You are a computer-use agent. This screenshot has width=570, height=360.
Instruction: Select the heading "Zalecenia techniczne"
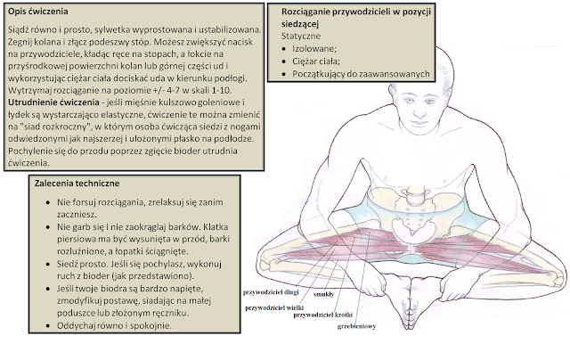tap(73, 182)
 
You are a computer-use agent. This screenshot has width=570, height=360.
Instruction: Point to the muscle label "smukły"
tap(323, 293)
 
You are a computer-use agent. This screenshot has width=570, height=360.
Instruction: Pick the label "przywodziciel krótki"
tap(327, 315)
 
